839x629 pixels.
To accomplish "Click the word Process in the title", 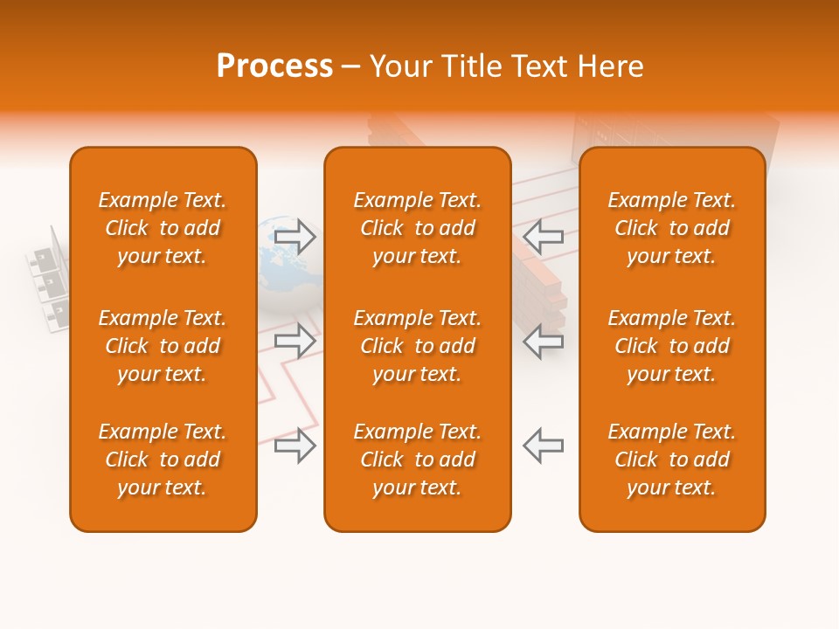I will point(274,66).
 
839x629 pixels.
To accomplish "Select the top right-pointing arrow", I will point(295,237).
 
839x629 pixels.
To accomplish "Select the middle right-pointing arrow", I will point(295,341).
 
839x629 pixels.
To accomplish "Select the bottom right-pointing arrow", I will point(295,446).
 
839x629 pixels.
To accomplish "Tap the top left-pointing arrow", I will point(544,237).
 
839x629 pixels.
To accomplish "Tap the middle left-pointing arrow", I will point(544,341).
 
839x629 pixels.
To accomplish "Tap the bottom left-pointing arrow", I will point(544,446).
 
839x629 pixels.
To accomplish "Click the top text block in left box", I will point(163,228).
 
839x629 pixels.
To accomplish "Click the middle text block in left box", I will point(163,346).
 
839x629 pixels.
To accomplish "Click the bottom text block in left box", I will point(163,460).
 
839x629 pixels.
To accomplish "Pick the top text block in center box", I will point(418,228).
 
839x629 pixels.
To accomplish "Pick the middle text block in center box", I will point(418,346).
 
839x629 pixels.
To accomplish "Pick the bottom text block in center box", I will point(418,460).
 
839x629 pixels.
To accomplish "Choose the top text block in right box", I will point(672,228).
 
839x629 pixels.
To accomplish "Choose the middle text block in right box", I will point(672,346).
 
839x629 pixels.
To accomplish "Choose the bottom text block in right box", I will point(672,460).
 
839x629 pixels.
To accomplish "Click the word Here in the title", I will point(610,66).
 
